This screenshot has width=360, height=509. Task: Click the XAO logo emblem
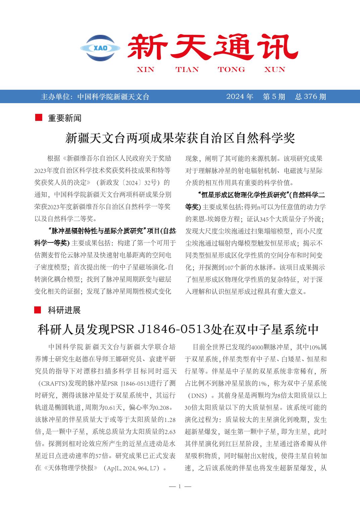100,48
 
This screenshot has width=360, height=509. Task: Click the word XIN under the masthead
145,70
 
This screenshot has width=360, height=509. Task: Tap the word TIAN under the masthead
187,70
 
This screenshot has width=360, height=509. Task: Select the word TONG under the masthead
231,70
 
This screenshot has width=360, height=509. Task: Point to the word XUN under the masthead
275,70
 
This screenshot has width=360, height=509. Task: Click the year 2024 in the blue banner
235,97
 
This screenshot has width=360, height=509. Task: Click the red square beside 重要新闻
39,118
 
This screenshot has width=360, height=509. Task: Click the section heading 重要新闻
64,118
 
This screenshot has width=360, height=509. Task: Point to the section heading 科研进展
64,310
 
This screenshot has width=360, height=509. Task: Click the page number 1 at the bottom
180,486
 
